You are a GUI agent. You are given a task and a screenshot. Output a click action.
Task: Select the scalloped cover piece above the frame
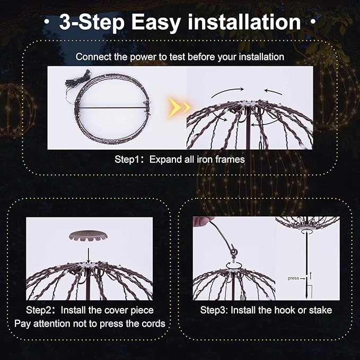point(88,235)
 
